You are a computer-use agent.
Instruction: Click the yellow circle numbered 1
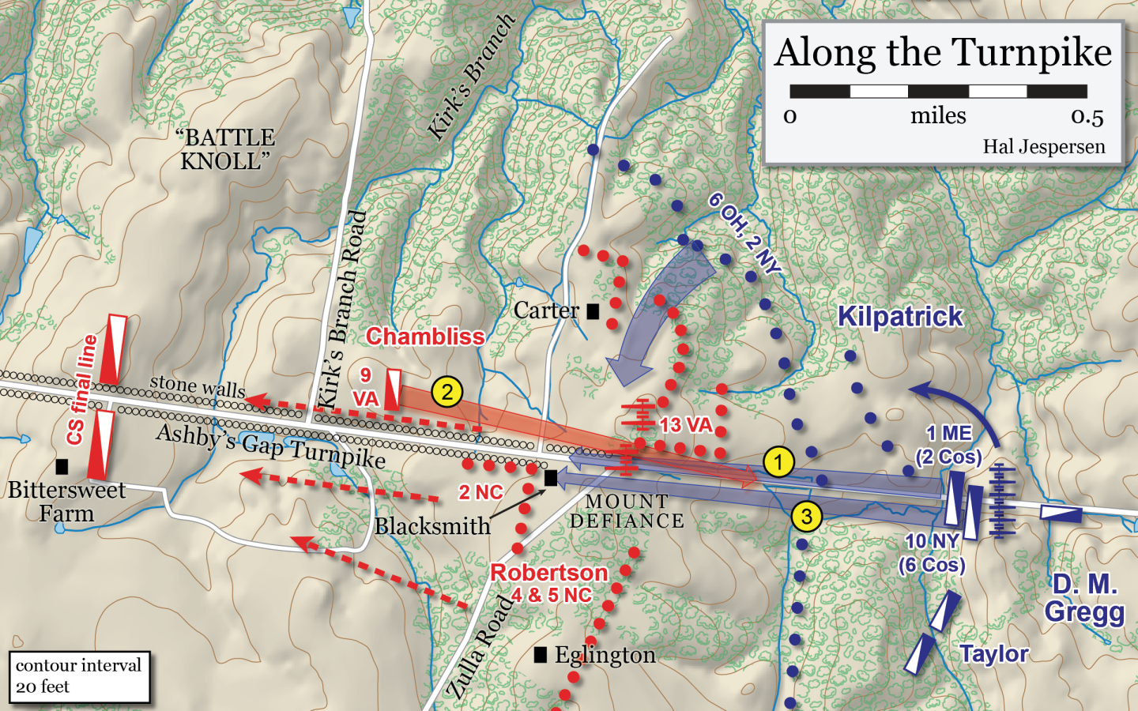(778, 462)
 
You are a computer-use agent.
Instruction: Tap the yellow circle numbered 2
(447, 392)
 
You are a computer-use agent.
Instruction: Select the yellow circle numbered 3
(806, 517)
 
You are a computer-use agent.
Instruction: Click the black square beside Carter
(593, 311)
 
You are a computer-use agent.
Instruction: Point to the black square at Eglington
(541, 654)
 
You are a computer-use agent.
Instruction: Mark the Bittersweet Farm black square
(62, 466)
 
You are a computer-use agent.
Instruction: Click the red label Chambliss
(425, 337)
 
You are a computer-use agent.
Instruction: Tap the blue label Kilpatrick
(899, 317)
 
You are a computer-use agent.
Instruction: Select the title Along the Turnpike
(943, 53)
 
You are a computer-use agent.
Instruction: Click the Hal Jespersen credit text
(1043, 147)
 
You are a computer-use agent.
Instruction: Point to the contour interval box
(79, 676)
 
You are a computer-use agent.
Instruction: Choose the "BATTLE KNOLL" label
(225, 149)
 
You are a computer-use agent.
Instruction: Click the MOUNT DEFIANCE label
(627, 511)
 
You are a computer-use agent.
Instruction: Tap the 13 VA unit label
(685, 425)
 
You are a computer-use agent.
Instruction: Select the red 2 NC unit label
(480, 492)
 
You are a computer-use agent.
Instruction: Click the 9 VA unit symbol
(393, 389)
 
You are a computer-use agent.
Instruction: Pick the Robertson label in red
(549, 573)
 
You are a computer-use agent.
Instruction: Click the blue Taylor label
(993, 654)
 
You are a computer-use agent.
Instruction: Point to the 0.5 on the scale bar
(1087, 117)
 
